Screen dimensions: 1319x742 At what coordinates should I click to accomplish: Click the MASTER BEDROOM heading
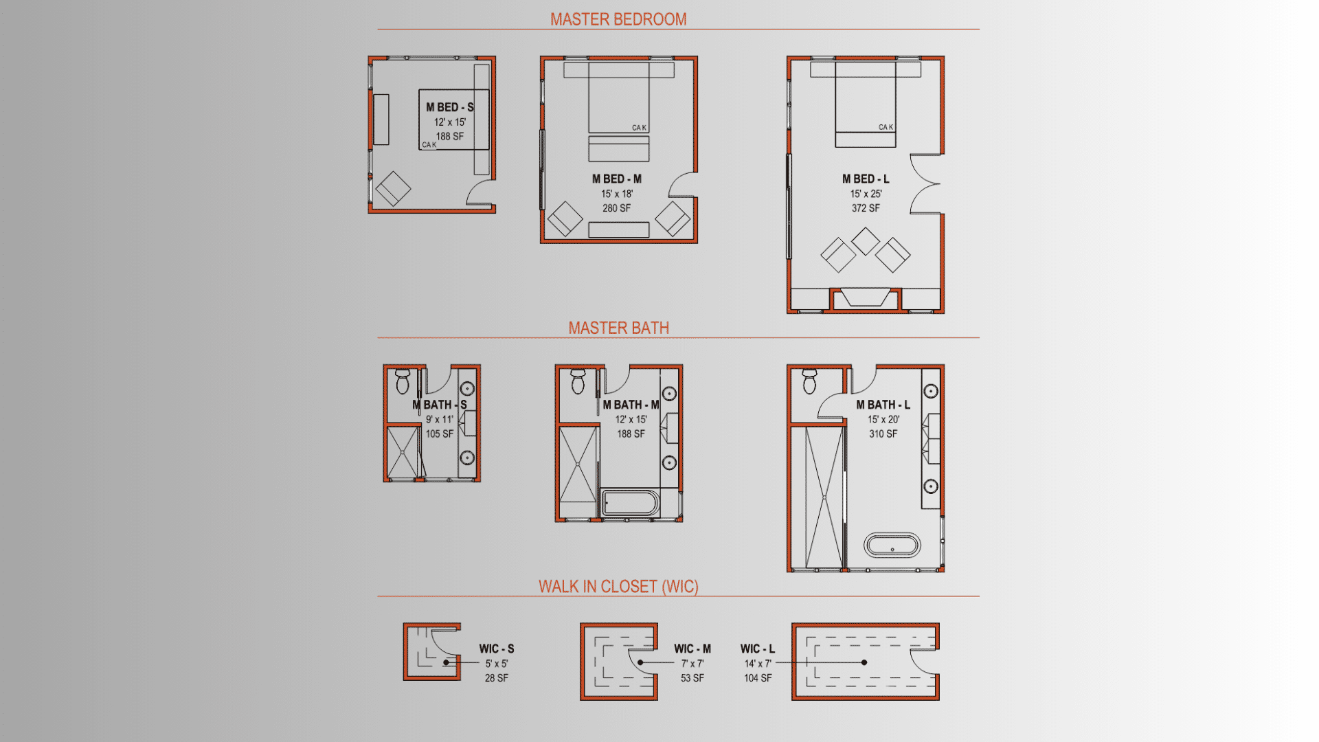point(618,19)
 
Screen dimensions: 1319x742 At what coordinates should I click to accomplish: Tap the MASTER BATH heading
point(618,328)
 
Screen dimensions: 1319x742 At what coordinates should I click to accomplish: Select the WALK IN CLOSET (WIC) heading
point(618,586)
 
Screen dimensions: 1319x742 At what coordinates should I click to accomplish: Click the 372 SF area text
point(866,208)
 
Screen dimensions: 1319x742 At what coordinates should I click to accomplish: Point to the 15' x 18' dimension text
point(617,194)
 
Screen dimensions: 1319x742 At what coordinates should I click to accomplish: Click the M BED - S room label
point(450,107)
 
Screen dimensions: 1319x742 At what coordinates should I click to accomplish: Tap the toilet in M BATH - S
point(403,381)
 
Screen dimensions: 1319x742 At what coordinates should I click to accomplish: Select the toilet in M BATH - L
point(809,381)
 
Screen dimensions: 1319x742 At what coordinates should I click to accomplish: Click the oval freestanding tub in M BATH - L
point(892,545)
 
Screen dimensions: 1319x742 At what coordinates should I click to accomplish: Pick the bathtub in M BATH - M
point(630,502)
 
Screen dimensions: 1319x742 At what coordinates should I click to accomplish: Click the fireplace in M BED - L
point(866,298)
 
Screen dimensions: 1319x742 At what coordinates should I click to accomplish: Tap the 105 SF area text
point(440,434)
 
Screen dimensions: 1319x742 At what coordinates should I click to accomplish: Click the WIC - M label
point(692,649)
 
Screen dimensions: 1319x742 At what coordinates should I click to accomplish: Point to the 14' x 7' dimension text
point(758,664)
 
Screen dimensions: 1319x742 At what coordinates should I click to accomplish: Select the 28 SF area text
point(497,678)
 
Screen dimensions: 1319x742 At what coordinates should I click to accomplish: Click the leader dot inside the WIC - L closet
point(864,662)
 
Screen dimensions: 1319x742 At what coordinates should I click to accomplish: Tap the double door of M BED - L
point(925,183)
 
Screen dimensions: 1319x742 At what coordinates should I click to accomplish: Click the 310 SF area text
point(883,434)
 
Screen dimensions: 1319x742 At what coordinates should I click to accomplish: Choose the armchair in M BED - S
point(393,188)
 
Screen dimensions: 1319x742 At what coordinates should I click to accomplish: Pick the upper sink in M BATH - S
point(467,390)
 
